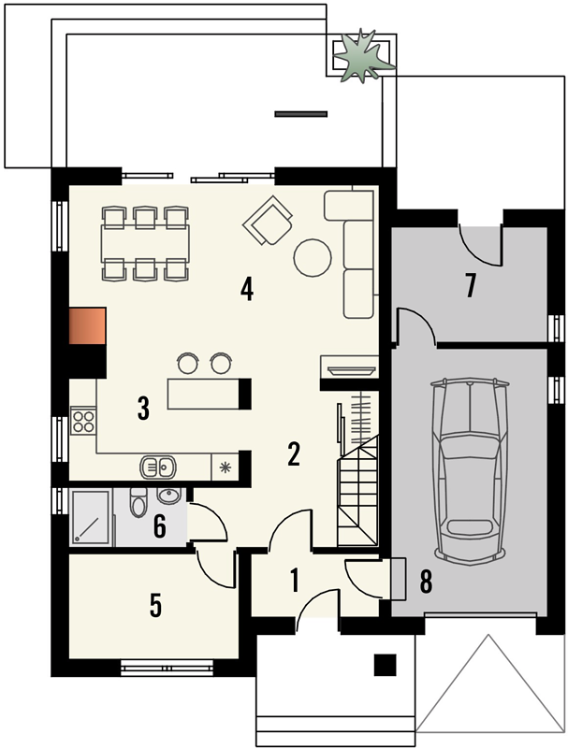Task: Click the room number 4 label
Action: [246, 290]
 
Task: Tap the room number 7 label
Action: [471, 285]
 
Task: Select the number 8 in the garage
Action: [426, 582]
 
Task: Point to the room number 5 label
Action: [155, 605]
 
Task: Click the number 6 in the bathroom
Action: [159, 527]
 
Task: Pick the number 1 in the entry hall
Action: [295, 580]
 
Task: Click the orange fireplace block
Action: [87, 325]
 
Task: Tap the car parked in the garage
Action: [470, 471]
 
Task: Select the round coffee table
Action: [313, 258]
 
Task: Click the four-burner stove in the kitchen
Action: [83, 421]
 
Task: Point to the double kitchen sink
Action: [158, 467]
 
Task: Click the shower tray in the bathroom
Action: [91, 517]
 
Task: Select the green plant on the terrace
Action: [363, 55]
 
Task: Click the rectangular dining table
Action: [145, 243]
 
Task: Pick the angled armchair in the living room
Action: [268, 221]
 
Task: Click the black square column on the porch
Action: [385, 665]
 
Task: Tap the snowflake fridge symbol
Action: [225, 467]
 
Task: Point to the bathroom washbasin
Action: [169, 496]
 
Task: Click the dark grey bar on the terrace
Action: [301, 114]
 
